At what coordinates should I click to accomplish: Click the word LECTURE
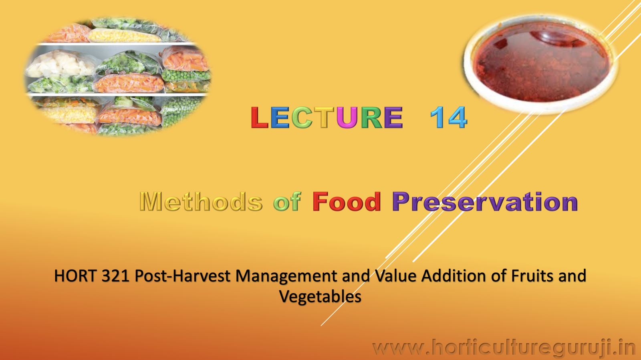[327, 118]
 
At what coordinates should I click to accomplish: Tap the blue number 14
[448, 118]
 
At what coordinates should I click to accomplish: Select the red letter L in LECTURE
[259, 118]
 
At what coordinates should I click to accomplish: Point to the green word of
[287, 201]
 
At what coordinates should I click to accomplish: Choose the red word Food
[347, 201]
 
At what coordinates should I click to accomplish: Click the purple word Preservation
[485, 201]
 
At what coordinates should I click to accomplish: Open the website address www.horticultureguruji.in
[504, 348]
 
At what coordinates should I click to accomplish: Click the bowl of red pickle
[541, 64]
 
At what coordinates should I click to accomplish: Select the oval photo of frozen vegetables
[118, 76]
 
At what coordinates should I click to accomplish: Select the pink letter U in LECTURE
[347, 118]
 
